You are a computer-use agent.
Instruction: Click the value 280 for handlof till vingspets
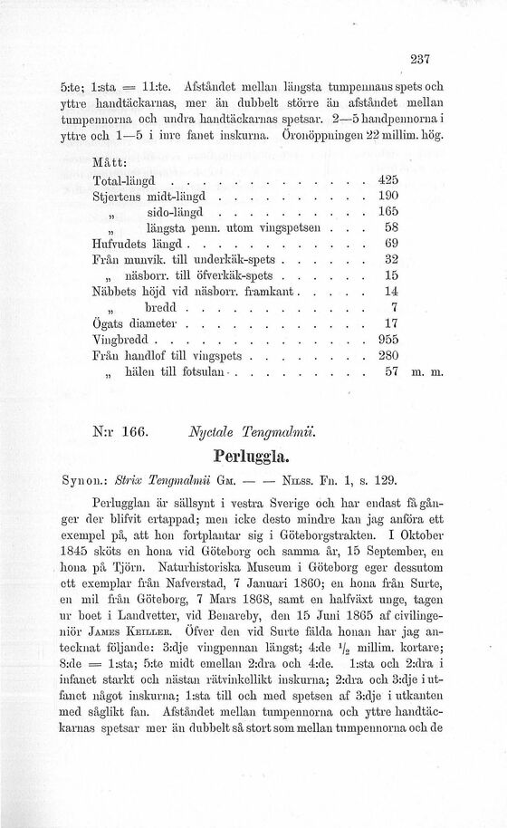point(387,381)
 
